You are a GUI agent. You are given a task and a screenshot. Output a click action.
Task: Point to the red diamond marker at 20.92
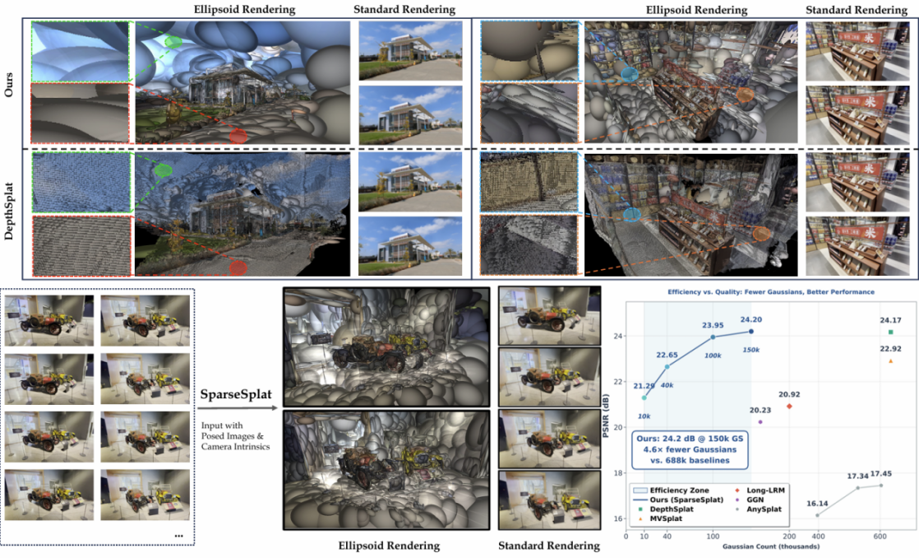click(x=789, y=406)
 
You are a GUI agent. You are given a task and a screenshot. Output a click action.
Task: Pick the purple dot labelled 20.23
click(x=760, y=421)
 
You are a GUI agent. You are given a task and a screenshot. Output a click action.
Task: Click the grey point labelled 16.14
click(x=817, y=515)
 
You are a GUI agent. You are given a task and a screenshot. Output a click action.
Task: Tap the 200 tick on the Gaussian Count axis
click(x=788, y=536)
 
